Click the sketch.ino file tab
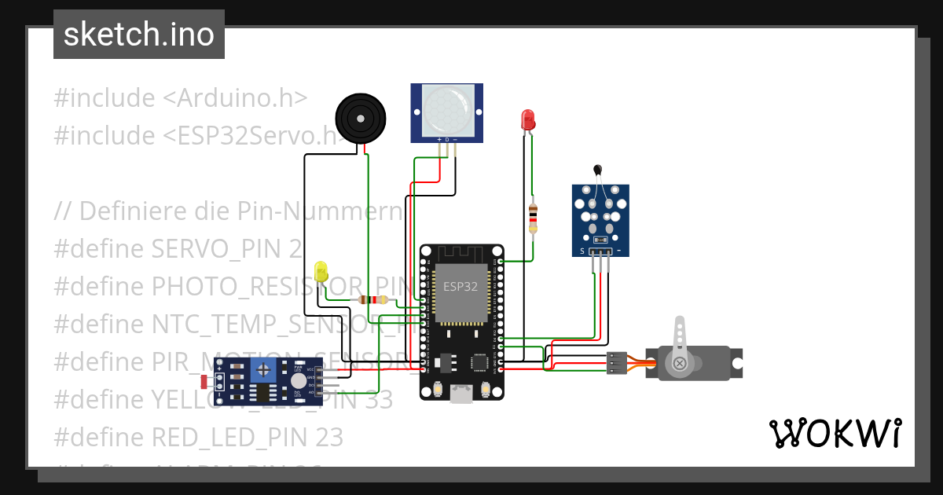click(139, 35)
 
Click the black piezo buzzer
click(361, 119)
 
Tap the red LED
click(528, 120)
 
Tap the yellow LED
click(321, 272)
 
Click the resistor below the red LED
click(534, 214)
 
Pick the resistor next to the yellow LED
click(372, 299)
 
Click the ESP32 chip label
click(460, 287)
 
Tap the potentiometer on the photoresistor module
click(265, 370)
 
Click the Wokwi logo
click(835, 433)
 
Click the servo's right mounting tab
click(736, 363)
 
